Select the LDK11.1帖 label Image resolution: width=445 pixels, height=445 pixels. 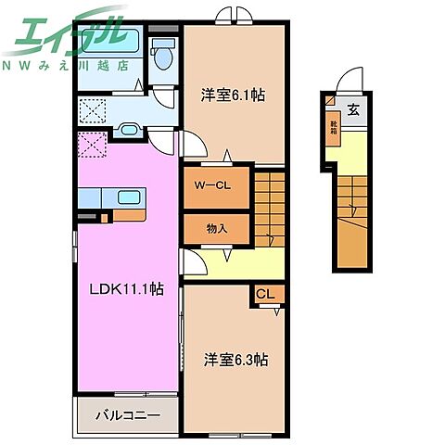point(126,288)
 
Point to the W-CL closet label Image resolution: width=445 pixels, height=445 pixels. point(211,184)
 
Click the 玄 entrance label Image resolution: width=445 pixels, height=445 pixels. point(353,110)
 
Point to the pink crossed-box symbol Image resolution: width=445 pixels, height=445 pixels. point(93,146)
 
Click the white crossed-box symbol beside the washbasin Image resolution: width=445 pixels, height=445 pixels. point(92,111)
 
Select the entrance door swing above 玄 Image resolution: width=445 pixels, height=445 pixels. point(348,82)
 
